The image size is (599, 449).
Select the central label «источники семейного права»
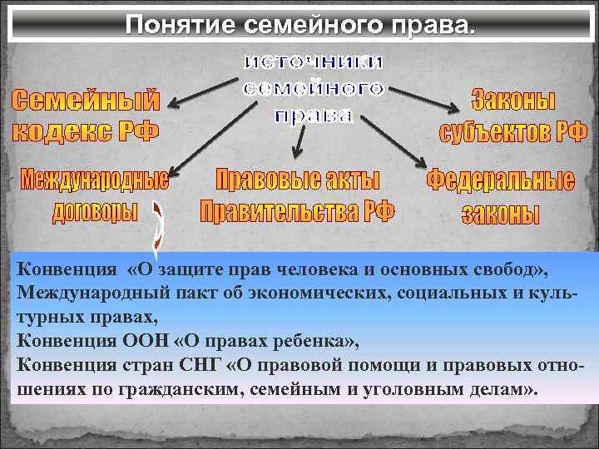click(x=314, y=88)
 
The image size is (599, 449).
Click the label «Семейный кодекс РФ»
click(x=87, y=116)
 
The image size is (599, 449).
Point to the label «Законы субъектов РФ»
click(x=513, y=116)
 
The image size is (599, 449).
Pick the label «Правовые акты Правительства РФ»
click(x=298, y=196)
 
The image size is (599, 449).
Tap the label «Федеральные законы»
click(x=501, y=196)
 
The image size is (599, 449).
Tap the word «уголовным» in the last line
click(x=408, y=389)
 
